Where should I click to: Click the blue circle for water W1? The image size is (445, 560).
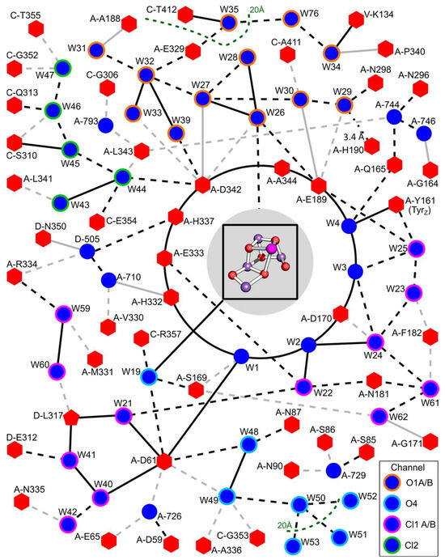click(x=239, y=356)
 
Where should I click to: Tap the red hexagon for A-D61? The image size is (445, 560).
click(x=166, y=461)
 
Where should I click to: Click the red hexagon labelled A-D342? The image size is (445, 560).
click(x=202, y=184)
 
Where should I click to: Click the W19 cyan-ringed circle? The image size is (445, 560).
click(x=148, y=376)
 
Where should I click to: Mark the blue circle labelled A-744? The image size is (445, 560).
click(x=394, y=117)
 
